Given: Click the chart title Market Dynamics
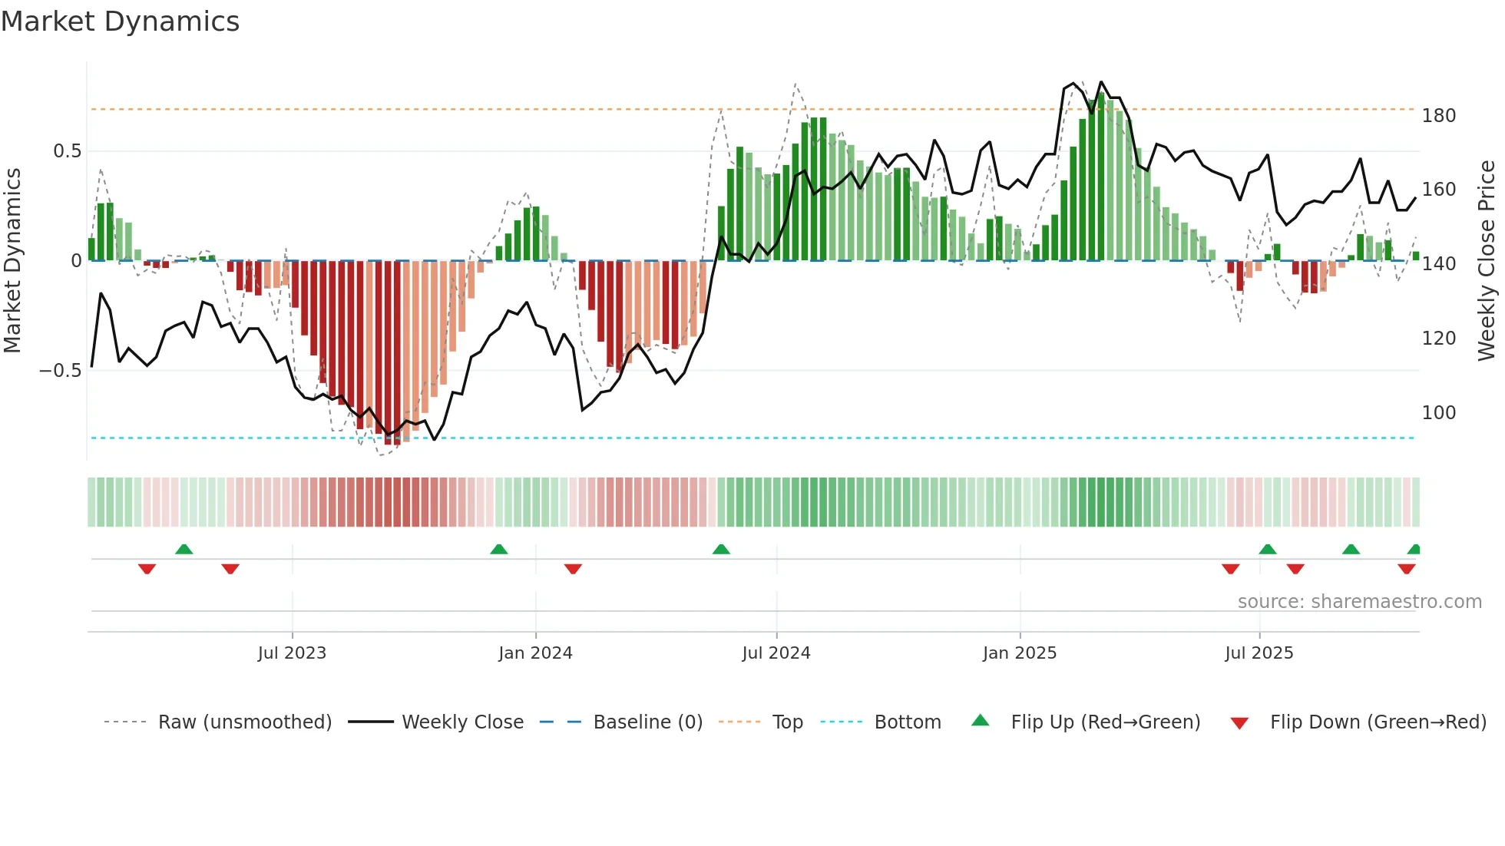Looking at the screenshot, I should point(120,21).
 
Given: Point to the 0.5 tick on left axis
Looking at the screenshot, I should point(67,151).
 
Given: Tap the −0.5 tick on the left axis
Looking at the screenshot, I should point(60,371).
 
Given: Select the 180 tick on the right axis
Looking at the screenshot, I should point(1438,116).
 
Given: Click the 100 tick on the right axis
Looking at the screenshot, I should point(1438,413).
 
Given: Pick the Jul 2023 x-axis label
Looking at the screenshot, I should point(292,653).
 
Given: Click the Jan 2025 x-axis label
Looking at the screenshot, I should point(1019,653).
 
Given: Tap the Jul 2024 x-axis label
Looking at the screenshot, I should point(776,653).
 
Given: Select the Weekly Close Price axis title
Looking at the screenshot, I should point(1487,260).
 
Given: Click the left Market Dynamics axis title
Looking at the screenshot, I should point(12,260).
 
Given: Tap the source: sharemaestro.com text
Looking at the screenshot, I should point(1359,602).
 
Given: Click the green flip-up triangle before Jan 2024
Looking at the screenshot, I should point(499,549).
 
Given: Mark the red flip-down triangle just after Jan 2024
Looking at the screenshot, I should point(573,569).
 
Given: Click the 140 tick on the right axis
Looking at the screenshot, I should point(1438,264).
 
